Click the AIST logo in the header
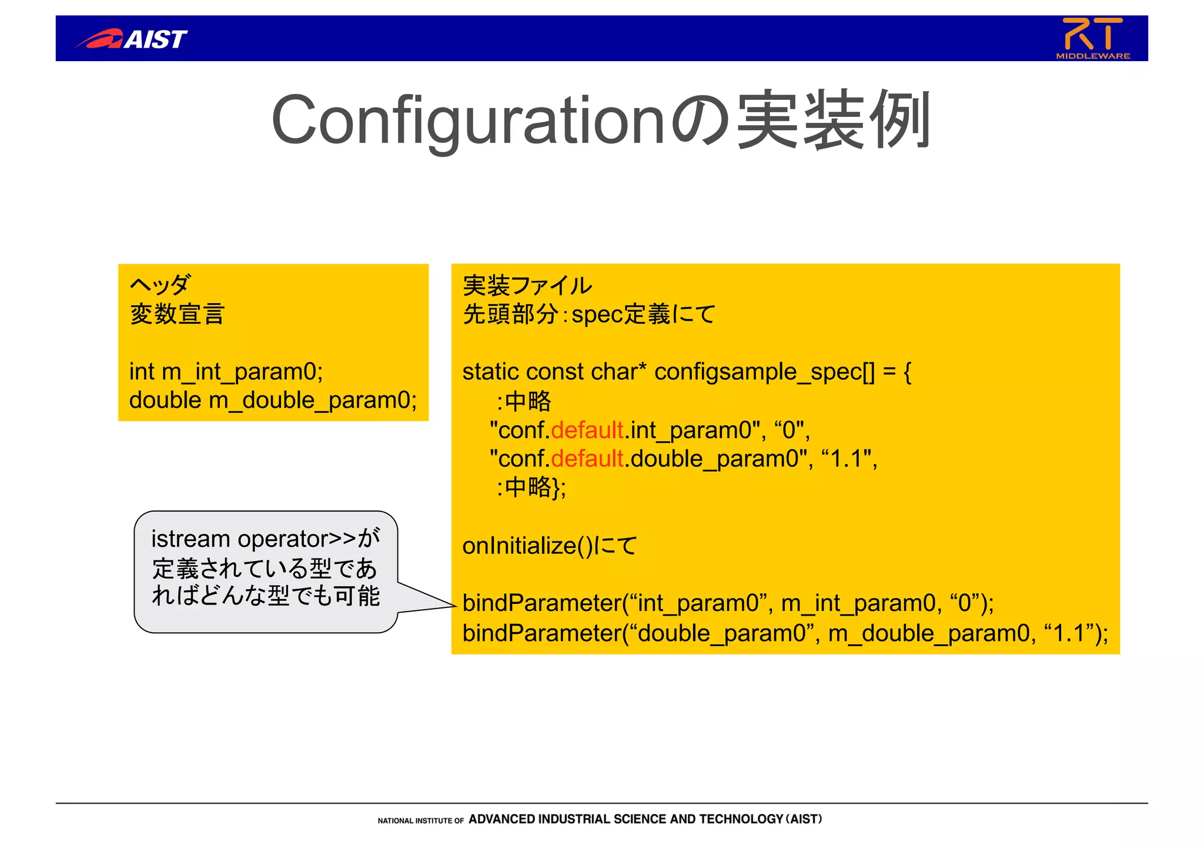pyautogui.click(x=132, y=39)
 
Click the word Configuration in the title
pyautogui.click(x=467, y=120)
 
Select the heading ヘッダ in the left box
pyautogui.click(x=159, y=285)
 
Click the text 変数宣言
pyautogui.click(x=177, y=314)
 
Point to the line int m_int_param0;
pyautogui.click(x=226, y=372)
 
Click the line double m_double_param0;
pyautogui.click(x=273, y=401)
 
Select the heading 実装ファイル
pyautogui.click(x=527, y=285)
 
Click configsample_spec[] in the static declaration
pyautogui.click(x=764, y=372)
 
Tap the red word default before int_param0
pyautogui.click(x=587, y=430)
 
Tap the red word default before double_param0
pyautogui.click(x=587, y=459)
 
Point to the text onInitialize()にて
pyautogui.click(x=549, y=546)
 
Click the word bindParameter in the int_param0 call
pyautogui.click(x=541, y=603)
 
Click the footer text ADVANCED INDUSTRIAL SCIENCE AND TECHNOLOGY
pyautogui.click(x=626, y=819)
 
